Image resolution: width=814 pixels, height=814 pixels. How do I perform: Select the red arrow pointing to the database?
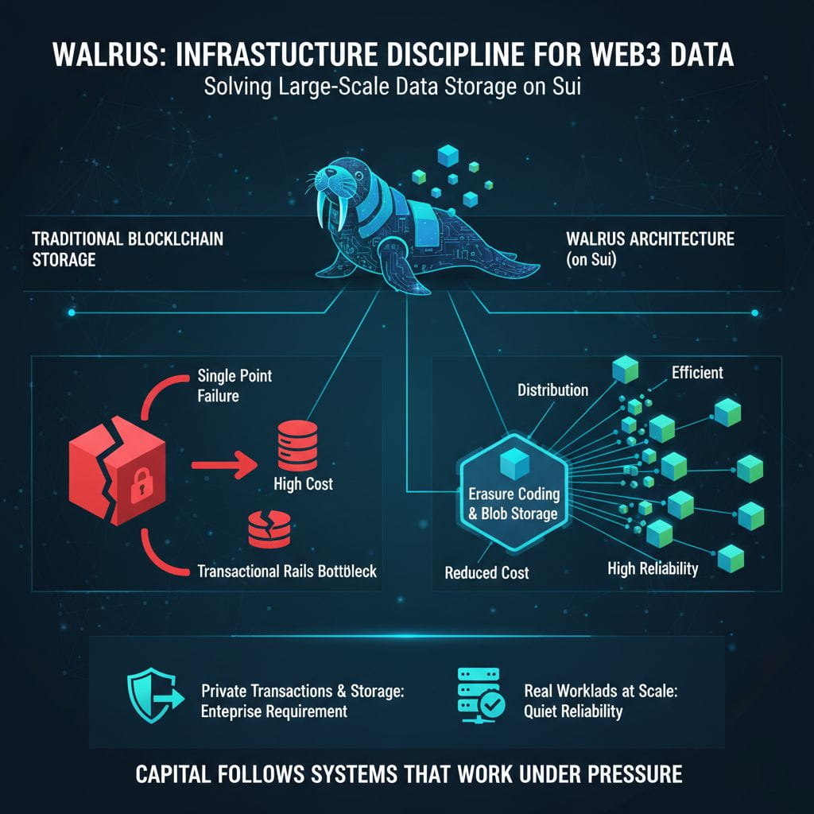(x=224, y=464)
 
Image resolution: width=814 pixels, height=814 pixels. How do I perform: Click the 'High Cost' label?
(x=303, y=484)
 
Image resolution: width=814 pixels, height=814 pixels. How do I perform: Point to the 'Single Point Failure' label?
(x=235, y=386)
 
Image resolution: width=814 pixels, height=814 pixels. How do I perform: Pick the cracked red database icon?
(x=269, y=529)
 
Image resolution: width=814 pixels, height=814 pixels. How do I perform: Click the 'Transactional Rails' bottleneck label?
(x=287, y=571)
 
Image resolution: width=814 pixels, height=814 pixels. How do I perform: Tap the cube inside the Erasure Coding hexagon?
(x=514, y=464)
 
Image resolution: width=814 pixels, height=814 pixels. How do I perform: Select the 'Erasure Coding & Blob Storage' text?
(x=514, y=503)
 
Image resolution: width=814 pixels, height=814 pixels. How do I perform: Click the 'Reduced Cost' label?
(x=487, y=572)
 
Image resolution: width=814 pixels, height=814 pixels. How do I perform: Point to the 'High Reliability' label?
(x=653, y=569)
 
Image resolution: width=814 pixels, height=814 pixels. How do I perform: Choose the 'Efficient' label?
(x=697, y=372)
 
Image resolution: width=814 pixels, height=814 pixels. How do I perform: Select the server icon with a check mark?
(x=480, y=695)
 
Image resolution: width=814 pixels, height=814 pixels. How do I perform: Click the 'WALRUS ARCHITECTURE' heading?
(x=650, y=238)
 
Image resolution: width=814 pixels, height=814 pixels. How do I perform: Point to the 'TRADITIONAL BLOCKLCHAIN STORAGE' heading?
(x=128, y=249)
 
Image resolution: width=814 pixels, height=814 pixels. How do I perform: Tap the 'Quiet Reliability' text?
(x=573, y=711)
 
